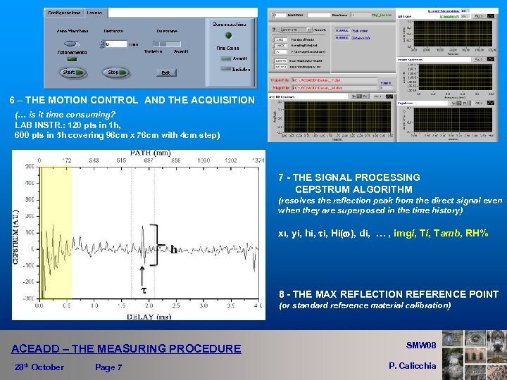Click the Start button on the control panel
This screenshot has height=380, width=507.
click(x=70, y=72)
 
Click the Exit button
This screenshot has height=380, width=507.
click(x=165, y=72)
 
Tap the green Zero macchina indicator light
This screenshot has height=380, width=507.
click(x=227, y=36)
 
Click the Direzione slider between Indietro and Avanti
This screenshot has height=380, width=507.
click(x=167, y=44)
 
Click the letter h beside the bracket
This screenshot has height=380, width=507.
click(x=173, y=248)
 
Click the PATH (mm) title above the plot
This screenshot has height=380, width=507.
click(x=151, y=152)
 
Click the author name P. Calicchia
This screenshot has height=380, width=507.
click(x=413, y=365)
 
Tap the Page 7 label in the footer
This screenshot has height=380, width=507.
click(x=108, y=367)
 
